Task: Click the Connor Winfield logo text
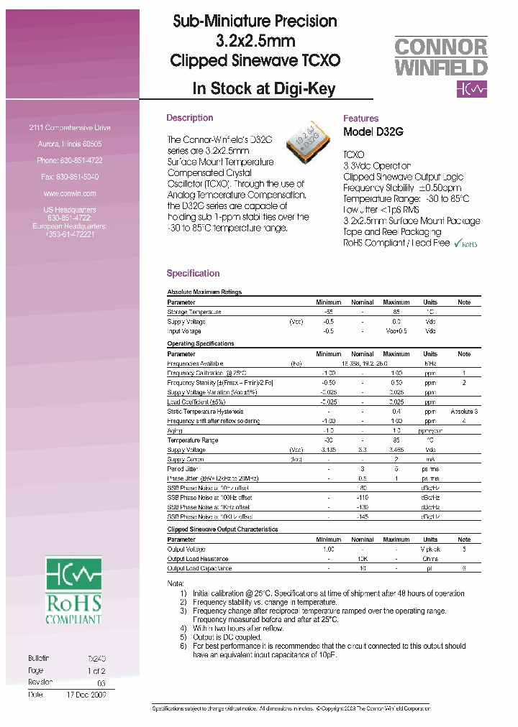click(441, 57)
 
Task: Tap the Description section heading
click(189, 118)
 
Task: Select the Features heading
click(360, 119)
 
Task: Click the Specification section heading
click(193, 273)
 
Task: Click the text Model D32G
click(373, 132)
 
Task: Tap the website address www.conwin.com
click(70, 193)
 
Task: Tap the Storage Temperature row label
click(194, 312)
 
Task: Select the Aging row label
click(175, 430)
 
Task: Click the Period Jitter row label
click(183, 468)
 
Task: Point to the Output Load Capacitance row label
click(199, 568)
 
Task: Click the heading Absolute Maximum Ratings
click(204, 292)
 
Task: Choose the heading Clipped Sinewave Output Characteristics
click(222, 529)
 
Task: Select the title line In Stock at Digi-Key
click(264, 90)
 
